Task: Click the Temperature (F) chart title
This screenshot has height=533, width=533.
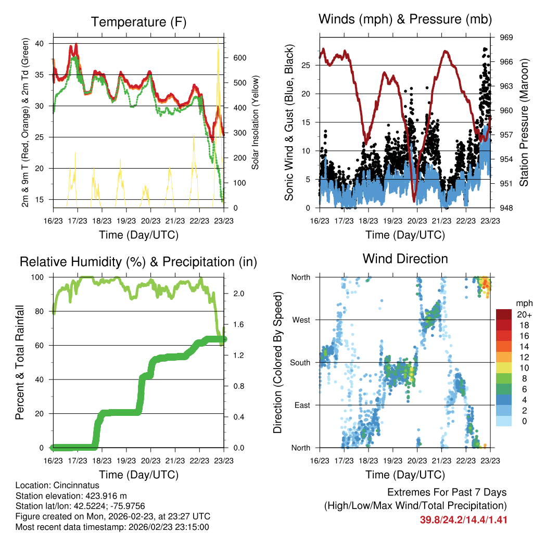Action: click(138, 22)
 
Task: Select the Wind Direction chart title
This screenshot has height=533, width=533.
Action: click(405, 259)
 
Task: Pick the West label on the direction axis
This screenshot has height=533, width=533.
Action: click(300, 320)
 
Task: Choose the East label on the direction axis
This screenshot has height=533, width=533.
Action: click(301, 405)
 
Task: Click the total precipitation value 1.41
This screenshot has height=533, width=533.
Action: click(498, 520)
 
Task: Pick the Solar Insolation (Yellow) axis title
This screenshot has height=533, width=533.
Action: click(256, 123)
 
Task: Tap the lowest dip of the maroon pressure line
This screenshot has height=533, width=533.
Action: click(414, 201)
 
